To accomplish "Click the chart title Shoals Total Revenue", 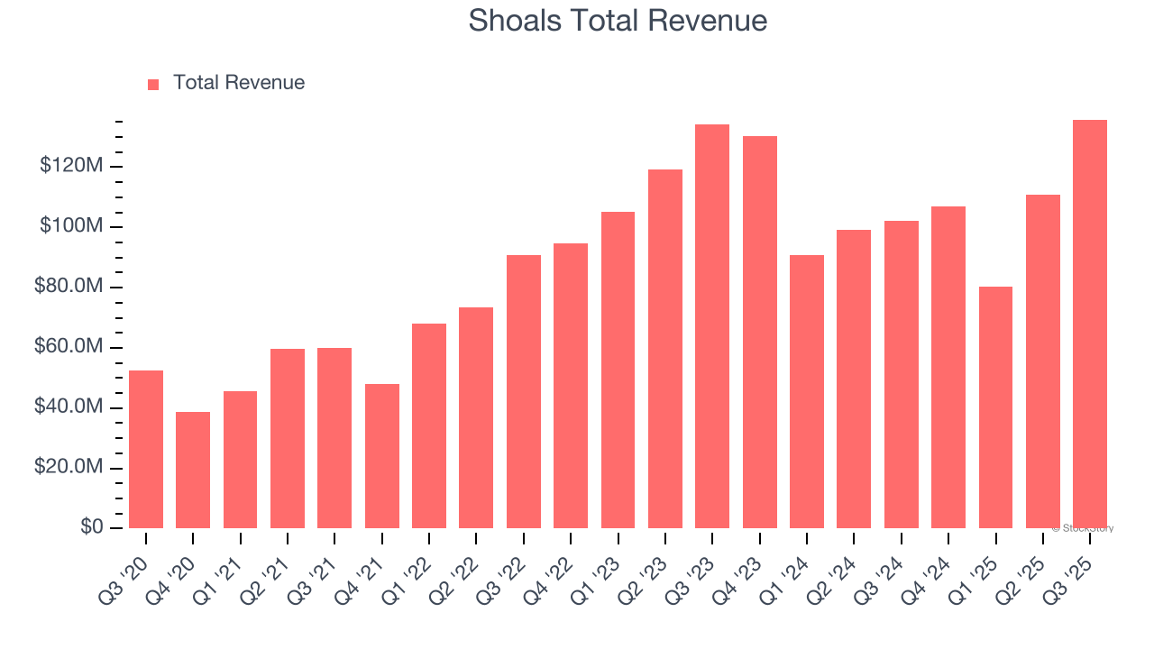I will (x=618, y=21).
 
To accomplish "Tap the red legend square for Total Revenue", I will (x=153, y=84).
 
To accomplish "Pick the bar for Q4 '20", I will (x=193, y=470).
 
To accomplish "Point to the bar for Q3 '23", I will (x=712, y=325).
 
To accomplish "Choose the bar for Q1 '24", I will (x=807, y=391).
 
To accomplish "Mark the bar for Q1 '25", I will (x=995, y=407).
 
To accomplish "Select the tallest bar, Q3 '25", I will (x=1090, y=324).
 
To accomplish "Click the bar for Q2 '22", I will (x=476, y=417).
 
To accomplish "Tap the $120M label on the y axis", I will (x=71, y=166).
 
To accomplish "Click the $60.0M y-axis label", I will (x=69, y=347).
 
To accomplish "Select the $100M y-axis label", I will (x=71, y=226).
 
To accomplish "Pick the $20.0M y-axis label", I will (x=69, y=468).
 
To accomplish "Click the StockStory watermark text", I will (x=1085, y=528).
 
